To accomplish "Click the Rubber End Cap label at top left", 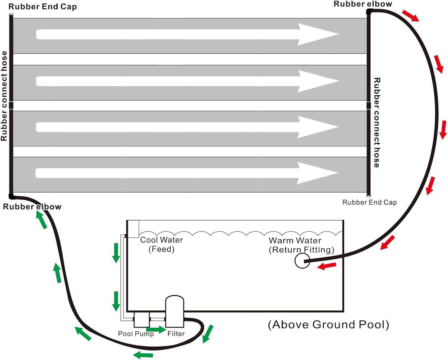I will [43, 7].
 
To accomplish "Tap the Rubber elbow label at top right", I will [363, 4].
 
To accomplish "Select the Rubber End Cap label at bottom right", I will [369, 202].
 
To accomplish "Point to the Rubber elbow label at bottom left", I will [32, 207].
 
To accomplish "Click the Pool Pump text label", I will [136, 334].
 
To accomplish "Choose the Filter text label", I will [176, 334].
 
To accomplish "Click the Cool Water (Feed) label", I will [161, 244].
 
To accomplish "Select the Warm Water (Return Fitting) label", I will [301, 245].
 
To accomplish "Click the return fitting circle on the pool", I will [302, 261].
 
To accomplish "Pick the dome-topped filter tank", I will [175, 311].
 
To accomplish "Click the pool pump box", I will [142, 319].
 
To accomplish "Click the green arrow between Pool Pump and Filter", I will [156, 330].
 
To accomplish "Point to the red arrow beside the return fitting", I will [327, 266].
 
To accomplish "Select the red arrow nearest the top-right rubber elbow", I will [410, 16].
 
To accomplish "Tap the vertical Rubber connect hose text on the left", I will [4, 96].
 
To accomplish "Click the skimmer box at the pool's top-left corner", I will [133, 229].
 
